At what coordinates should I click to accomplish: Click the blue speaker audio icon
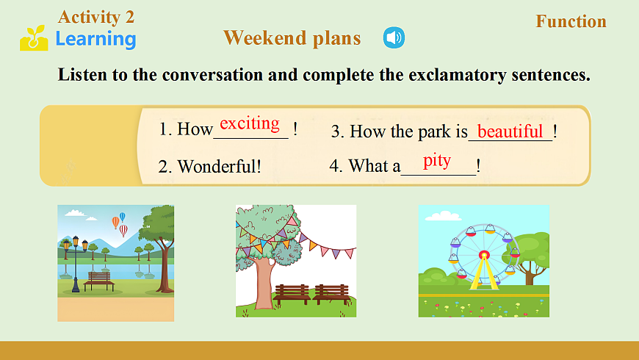pyautogui.click(x=394, y=37)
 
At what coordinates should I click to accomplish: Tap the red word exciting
pyautogui.click(x=250, y=123)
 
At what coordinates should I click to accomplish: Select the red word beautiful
pyautogui.click(x=510, y=132)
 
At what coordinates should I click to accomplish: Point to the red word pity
pyautogui.click(x=437, y=161)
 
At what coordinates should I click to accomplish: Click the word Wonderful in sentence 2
pyautogui.click(x=217, y=166)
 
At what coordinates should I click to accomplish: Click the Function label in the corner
pyautogui.click(x=571, y=21)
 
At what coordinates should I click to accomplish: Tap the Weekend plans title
pyautogui.click(x=292, y=38)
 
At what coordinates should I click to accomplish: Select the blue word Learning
pyautogui.click(x=95, y=40)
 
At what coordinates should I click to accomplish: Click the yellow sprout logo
pyautogui.click(x=34, y=38)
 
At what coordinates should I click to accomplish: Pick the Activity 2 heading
pyautogui.click(x=96, y=17)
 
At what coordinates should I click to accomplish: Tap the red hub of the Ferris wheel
pyautogui.click(x=484, y=255)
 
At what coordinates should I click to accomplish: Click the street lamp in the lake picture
pyautogui.click(x=76, y=263)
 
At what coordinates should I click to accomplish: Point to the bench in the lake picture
pyautogui.click(x=98, y=281)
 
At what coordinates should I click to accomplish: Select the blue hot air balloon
pyautogui.click(x=122, y=217)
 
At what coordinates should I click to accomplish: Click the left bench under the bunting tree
pyautogui.click(x=292, y=294)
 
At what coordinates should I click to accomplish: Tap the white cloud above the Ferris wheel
pyautogui.click(x=443, y=215)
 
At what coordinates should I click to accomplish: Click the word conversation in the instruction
pyautogui.click(x=212, y=75)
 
